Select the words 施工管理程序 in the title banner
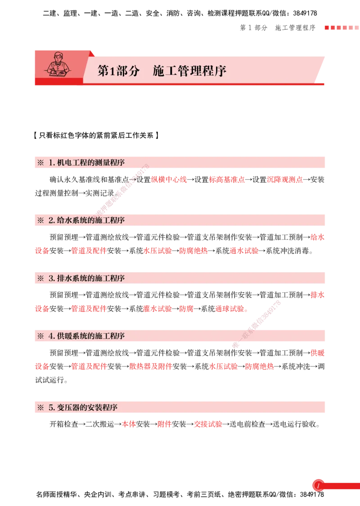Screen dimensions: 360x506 tap(189, 71)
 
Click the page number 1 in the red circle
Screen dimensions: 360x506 tap(318, 486)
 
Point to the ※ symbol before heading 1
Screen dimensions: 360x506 tap(40, 163)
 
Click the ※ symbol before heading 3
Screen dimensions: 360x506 tap(40, 278)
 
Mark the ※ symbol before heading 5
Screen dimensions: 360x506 tap(40, 407)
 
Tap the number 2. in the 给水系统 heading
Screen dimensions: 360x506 tap(52, 220)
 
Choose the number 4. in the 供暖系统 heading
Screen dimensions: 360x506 tap(52, 336)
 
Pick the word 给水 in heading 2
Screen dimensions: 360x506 tap(65, 220)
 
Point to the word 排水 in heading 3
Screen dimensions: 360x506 tap(65, 278)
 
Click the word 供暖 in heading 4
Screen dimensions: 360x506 tap(65, 336)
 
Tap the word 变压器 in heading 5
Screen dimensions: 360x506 tap(69, 407)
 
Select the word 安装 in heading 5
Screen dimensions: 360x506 tap(95, 407)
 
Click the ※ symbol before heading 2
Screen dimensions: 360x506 tap(40, 220)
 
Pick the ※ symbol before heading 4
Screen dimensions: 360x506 tap(40, 336)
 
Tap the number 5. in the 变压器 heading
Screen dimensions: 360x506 tap(52, 407)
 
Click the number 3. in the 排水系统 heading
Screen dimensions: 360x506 tap(52, 278)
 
